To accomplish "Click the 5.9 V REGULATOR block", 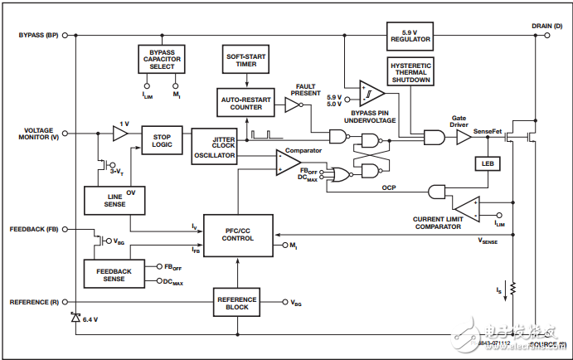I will point(410,36).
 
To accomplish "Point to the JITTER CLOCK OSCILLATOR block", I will point(214,145).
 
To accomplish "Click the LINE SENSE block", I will point(104,199).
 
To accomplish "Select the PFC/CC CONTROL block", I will point(238,233).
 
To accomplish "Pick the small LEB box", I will point(486,163).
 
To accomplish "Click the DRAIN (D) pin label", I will point(547,26).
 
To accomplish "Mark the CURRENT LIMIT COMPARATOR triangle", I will point(466,208).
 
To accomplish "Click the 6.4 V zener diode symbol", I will point(75,318).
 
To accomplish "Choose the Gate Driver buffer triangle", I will point(463,138).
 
